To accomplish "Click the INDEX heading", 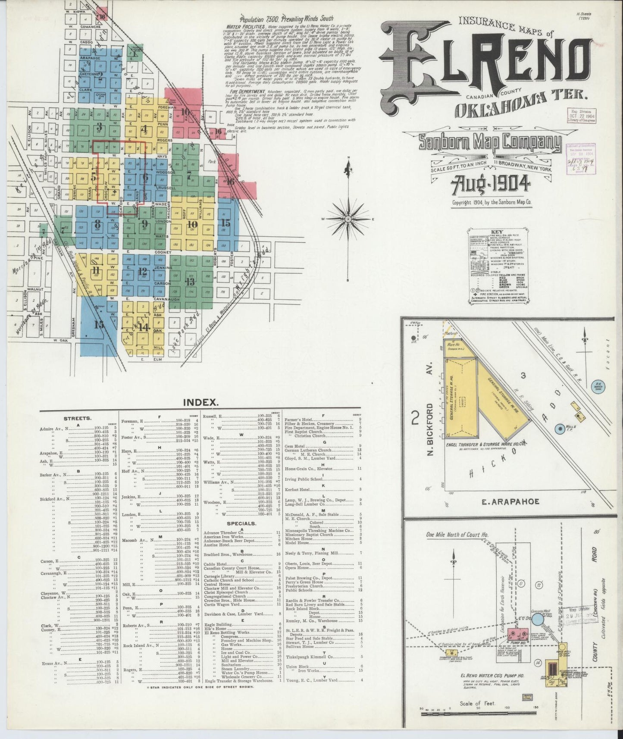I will tap(200, 402).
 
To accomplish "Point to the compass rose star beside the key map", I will tap(348, 219).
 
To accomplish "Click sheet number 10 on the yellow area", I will tap(192, 224).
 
